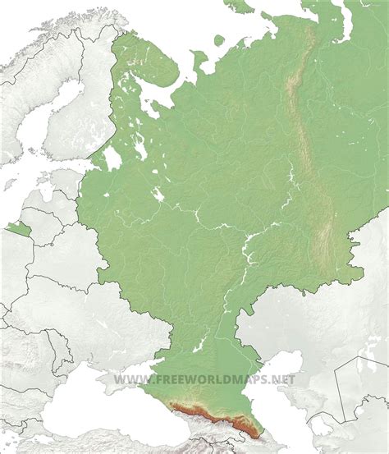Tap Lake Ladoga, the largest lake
click(112, 157)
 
